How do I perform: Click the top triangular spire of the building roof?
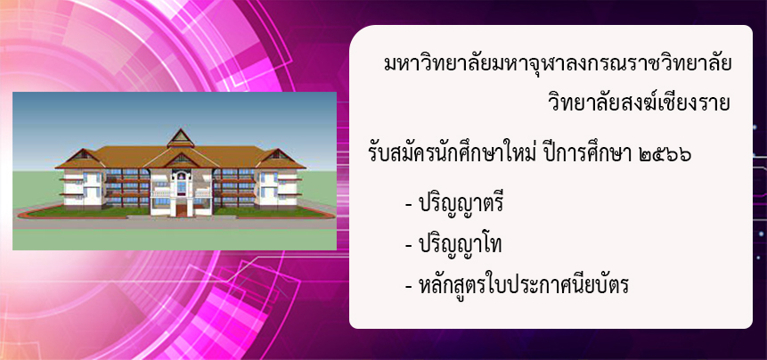tap(181, 137)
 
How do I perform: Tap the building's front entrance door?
tap(181, 209)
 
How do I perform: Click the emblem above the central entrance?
tap(181, 174)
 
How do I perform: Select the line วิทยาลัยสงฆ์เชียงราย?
tap(640, 104)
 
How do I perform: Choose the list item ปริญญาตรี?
tap(461, 204)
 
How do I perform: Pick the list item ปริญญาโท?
tap(460, 244)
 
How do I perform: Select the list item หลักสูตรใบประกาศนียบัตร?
tap(523, 284)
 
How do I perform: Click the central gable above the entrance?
tap(181, 158)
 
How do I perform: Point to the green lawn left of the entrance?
tap(93, 212)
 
